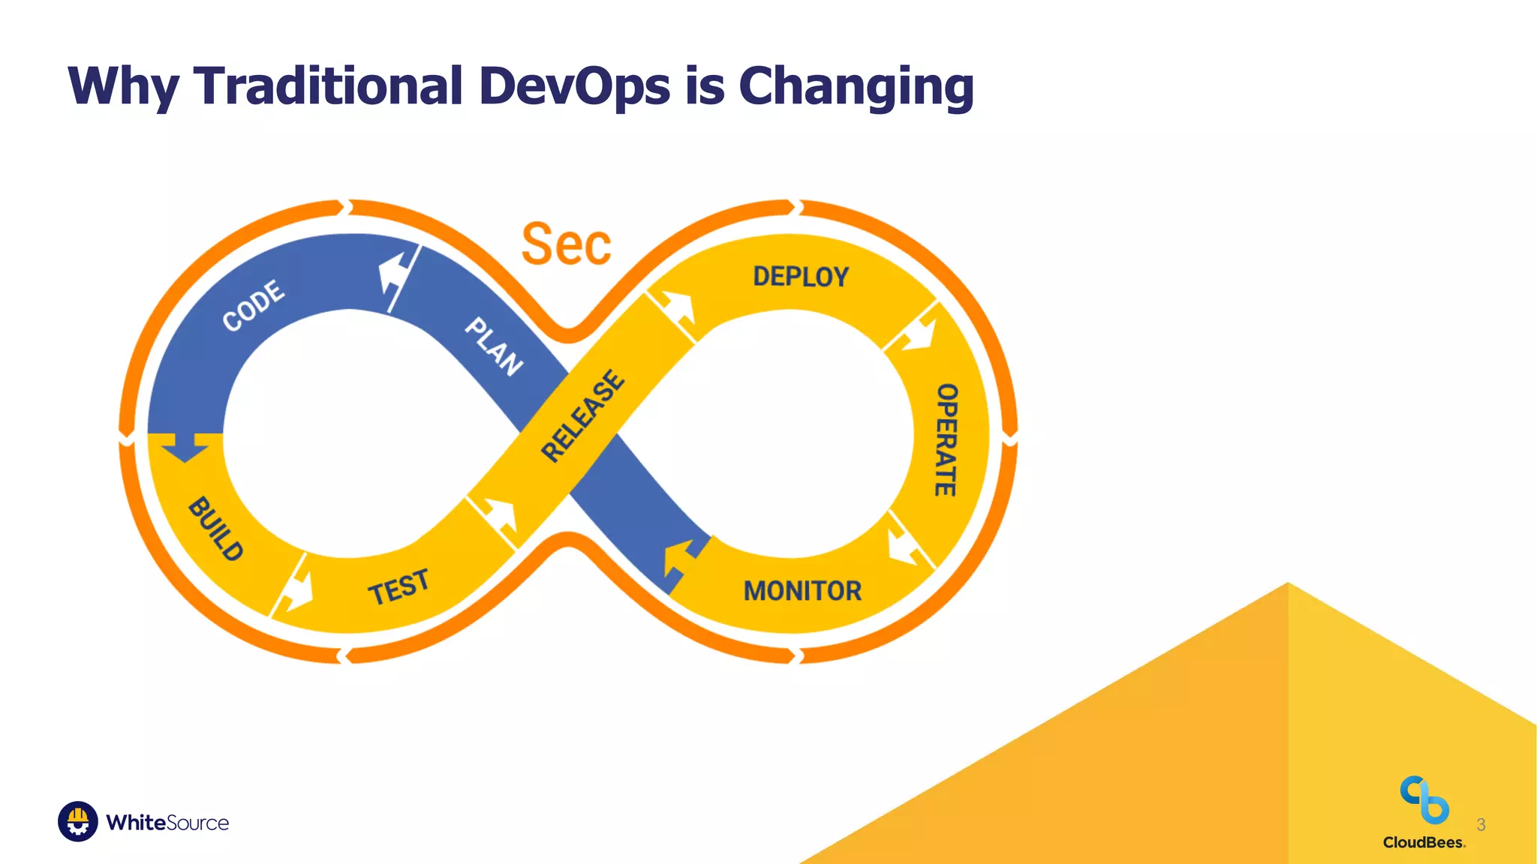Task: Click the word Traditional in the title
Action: (328, 85)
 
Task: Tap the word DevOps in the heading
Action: (574, 85)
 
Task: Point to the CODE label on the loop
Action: (254, 305)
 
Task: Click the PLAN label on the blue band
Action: (493, 346)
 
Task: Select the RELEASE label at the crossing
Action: (582, 415)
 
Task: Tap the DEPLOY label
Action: (801, 277)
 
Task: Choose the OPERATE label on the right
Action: (946, 439)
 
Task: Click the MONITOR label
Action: (802, 591)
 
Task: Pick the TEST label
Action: (399, 587)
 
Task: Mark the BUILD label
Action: (215, 529)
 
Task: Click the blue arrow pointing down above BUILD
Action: (185, 447)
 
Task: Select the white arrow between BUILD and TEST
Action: (297, 592)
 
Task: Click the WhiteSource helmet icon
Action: (77, 821)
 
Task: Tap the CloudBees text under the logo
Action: (1423, 842)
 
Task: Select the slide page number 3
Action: (1481, 825)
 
